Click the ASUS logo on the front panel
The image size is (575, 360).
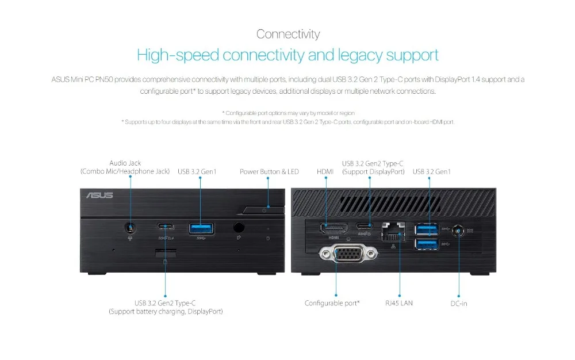pos(99,196)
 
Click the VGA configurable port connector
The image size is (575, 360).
pos(344,255)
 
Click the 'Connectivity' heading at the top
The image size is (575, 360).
pos(287,34)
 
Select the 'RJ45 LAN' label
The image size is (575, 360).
pos(399,303)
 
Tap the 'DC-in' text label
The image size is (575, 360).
pos(458,303)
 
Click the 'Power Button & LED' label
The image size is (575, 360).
pos(269,171)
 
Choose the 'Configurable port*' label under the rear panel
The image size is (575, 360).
pos(332,303)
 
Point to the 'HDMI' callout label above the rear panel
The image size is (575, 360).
pos(325,171)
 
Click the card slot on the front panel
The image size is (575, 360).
pos(166,253)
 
